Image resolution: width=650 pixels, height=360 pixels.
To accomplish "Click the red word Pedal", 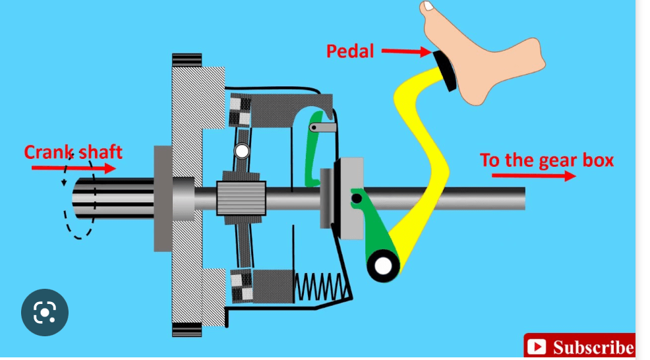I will click(350, 50).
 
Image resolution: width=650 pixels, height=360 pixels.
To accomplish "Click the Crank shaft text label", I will click(73, 152).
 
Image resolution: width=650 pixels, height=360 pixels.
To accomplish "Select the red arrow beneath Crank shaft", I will click(73, 169).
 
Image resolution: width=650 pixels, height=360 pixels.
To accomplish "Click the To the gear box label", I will click(547, 160).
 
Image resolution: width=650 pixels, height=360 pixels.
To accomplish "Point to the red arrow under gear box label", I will click(533, 176).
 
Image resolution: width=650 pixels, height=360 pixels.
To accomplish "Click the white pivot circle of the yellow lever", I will click(382, 266).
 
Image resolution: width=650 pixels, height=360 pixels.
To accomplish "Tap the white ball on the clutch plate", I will click(242, 152).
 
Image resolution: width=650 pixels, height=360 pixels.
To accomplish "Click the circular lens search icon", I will click(44, 313).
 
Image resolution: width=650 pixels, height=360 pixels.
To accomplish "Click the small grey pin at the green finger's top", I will click(316, 127).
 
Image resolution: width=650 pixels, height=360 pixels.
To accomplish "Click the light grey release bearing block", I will click(349, 198).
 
